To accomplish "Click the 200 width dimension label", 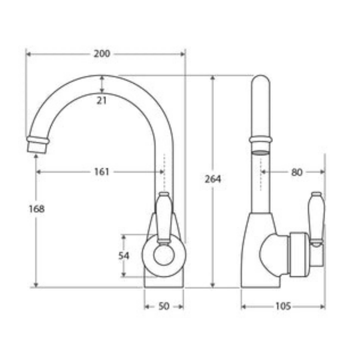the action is click(102, 54).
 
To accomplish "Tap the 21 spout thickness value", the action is click(102, 100).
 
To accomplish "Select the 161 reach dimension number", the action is click(102, 172).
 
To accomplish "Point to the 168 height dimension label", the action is click(36, 209).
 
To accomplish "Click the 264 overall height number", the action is click(213, 179).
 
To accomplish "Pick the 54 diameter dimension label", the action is click(124, 256).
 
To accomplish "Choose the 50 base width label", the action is click(164, 306).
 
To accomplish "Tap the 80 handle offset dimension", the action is click(297, 172).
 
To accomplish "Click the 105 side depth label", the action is click(283, 306).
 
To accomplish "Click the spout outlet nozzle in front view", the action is click(37, 145).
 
